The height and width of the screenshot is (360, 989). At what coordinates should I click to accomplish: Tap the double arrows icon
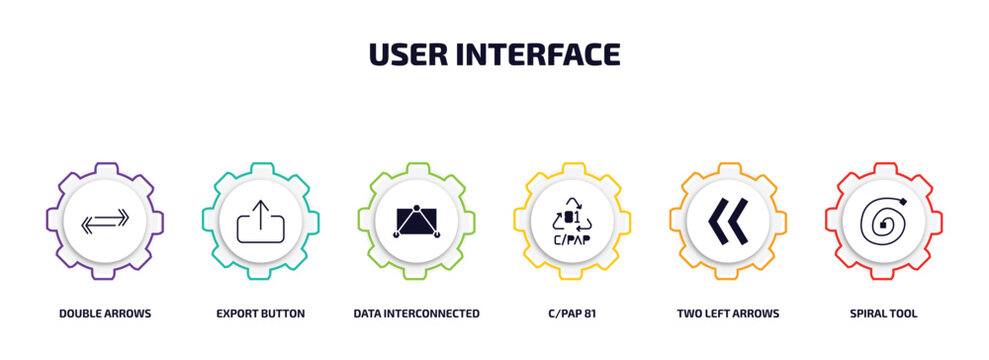104,221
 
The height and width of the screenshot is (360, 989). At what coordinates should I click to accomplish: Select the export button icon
260,221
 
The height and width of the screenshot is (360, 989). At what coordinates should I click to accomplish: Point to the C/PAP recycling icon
572,221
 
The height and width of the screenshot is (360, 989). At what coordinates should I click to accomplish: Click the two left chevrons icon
727,221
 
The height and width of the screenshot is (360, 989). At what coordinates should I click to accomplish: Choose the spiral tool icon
883,221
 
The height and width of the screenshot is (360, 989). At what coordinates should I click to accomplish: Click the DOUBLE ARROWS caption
104,313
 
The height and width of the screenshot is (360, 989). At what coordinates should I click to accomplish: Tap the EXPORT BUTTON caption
260,313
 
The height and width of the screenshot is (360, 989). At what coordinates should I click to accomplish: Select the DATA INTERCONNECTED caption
416,313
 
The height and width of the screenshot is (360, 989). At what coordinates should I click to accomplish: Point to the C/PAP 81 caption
572,313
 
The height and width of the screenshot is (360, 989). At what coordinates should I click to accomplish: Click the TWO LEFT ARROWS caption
728,313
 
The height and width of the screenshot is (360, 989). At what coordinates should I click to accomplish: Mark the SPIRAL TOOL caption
883,313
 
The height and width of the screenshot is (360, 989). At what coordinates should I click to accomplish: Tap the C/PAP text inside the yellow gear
572,240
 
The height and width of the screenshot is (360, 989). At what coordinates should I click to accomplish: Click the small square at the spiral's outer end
905,204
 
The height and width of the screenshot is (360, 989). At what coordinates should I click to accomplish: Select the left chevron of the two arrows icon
716,221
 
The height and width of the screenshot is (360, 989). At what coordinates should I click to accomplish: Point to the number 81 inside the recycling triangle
571,217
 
